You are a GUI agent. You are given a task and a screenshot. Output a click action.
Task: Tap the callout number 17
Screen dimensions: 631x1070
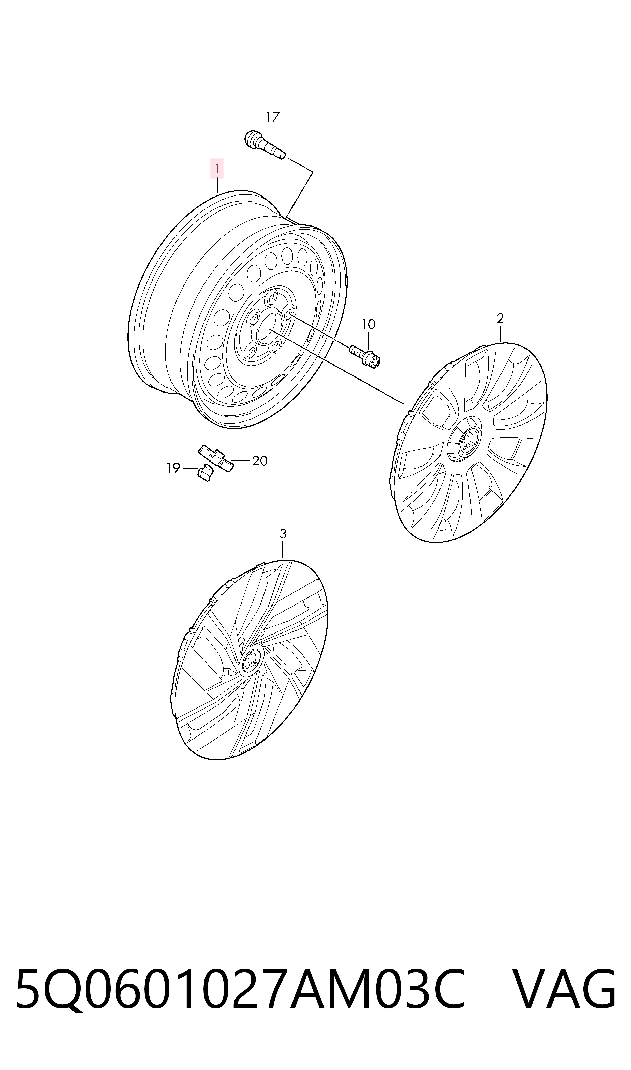point(273,117)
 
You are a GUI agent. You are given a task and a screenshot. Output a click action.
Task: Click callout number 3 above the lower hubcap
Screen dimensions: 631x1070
point(283,534)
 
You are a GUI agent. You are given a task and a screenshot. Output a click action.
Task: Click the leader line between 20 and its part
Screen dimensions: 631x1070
point(240,460)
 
